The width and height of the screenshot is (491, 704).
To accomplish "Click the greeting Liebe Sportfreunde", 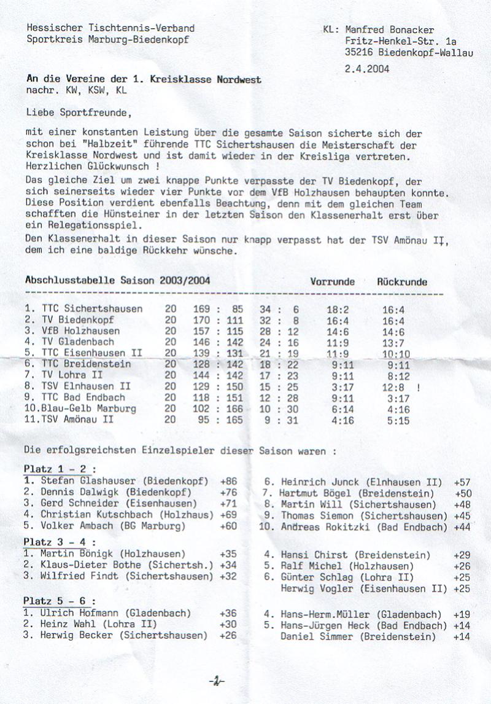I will pyautogui.click(x=79, y=112).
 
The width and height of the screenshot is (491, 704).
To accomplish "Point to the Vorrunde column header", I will pyautogui.click(x=332, y=281).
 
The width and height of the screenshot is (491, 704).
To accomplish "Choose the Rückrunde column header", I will pyautogui.click(x=402, y=281).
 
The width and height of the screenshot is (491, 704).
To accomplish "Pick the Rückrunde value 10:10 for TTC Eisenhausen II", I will pyautogui.click(x=396, y=353).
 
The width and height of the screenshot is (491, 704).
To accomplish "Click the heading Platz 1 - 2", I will pyautogui.click(x=60, y=469).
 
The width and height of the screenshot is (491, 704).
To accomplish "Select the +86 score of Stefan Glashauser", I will pyautogui.click(x=228, y=480).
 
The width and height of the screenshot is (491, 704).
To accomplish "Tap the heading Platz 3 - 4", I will pyautogui.click(x=60, y=541).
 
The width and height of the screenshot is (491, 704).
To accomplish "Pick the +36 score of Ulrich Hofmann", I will pyautogui.click(x=228, y=612).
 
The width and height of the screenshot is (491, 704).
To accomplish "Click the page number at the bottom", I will pyautogui.click(x=216, y=681).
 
